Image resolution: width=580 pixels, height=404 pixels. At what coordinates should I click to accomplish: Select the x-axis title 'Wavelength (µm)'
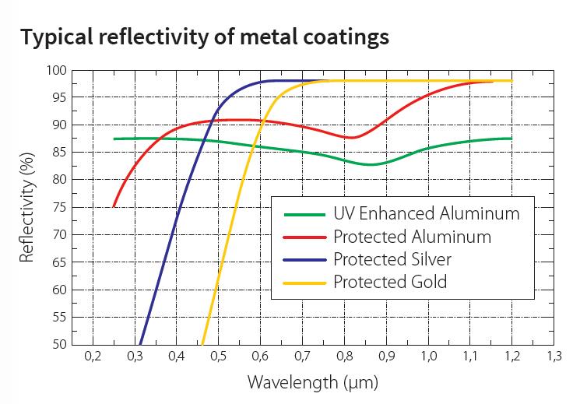(x=302, y=383)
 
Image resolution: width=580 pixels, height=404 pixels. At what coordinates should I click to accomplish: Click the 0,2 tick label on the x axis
(x=93, y=357)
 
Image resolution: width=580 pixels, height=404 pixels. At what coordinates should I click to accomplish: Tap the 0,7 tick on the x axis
(x=302, y=357)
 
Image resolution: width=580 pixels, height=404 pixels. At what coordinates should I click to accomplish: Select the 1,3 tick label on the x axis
(x=554, y=357)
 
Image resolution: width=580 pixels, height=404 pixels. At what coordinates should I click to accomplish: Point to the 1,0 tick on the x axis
(x=428, y=357)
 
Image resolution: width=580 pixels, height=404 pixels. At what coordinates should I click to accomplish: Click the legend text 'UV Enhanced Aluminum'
(x=426, y=213)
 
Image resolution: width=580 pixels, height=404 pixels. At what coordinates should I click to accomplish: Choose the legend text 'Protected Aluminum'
(x=412, y=236)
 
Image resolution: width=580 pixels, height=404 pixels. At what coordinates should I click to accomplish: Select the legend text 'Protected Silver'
(x=392, y=258)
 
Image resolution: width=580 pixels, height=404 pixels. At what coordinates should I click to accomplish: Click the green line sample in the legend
(x=304, y=214)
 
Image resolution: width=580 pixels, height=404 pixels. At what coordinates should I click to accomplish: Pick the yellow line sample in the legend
(x=304, y=282)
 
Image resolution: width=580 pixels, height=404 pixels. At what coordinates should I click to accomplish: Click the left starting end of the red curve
(x=114, y=206)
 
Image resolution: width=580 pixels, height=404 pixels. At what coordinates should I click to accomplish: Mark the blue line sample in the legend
(x=304, y=259)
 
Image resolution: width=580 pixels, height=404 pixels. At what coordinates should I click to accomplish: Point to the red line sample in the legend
(x=304, y=237)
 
